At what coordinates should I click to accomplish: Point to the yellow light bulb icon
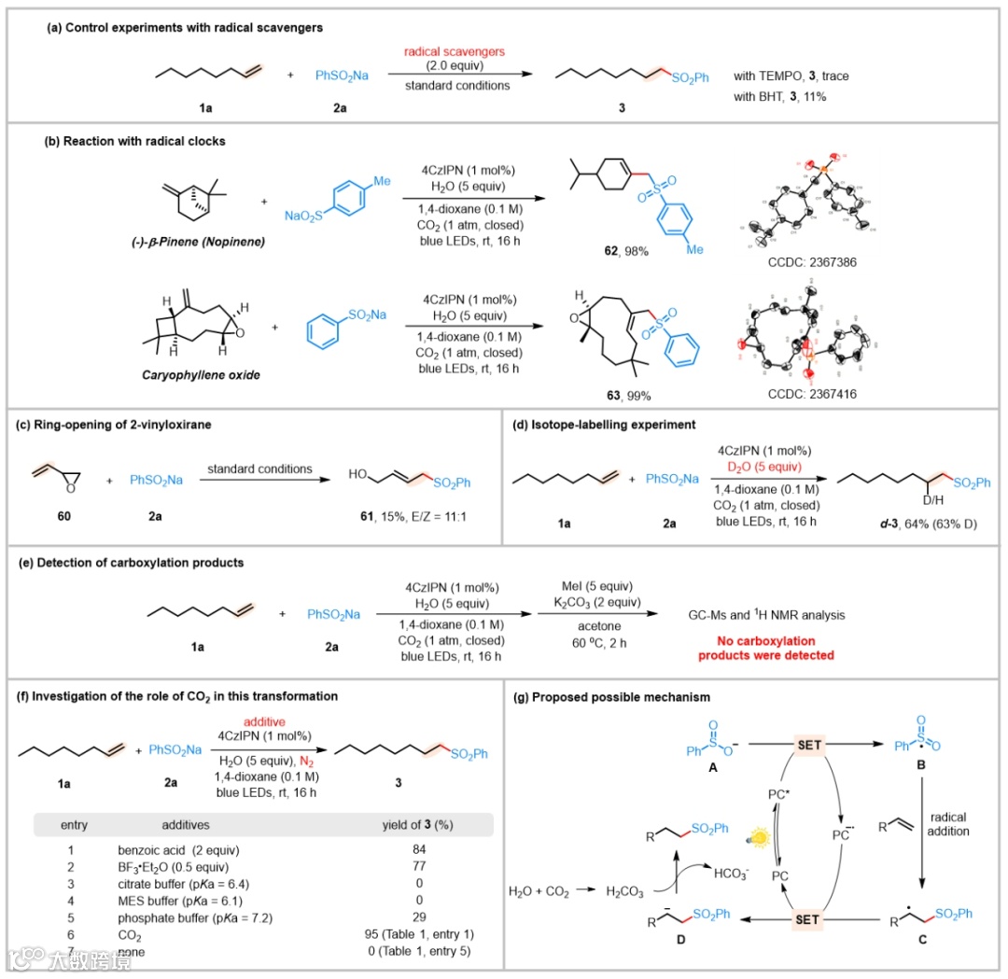[x=758, y=837]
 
